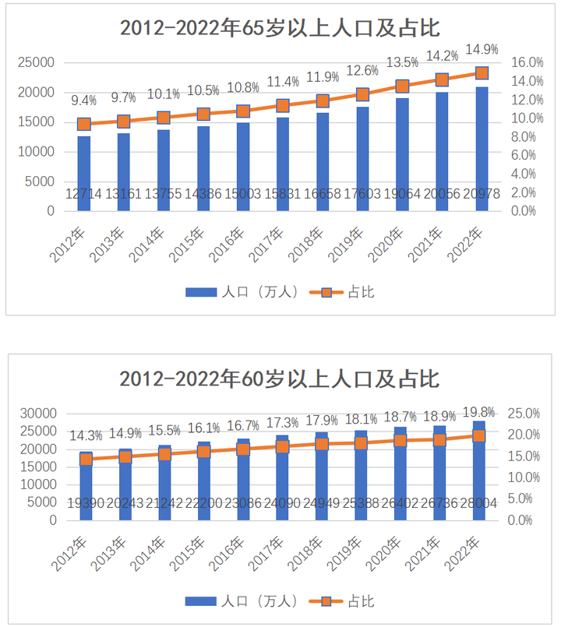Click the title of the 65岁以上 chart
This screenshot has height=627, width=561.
[280, 29]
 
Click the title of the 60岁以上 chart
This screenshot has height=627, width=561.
[280, 379]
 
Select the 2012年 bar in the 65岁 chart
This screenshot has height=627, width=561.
[84, 171]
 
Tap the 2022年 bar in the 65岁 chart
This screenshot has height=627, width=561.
[482, 148]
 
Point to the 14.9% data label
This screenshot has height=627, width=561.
[482, 50]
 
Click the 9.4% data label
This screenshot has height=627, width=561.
[84, 100]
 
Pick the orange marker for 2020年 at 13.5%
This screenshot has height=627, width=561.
[403, 86]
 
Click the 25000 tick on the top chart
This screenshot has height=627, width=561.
[37, 62]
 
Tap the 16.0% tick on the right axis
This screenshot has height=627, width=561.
[527, 62]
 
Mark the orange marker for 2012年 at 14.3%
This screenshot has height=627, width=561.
[86, 460]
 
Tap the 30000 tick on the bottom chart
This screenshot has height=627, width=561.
[37, 413]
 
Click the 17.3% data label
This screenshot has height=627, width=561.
[283, 423]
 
